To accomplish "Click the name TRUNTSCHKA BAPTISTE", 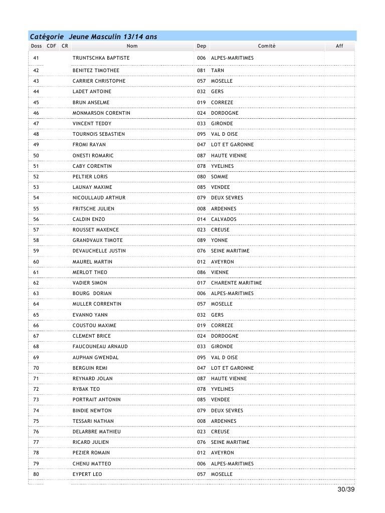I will point(101,58).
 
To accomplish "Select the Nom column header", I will point(132,46).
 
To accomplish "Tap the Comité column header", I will point(266,46).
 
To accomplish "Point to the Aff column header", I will point(339,46).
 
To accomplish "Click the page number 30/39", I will point(346,489).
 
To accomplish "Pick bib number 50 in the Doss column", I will point(36,156).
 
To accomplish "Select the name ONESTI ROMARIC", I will point(93,156).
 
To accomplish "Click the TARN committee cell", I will point(218,71).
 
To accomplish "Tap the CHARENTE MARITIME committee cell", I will point(236,283).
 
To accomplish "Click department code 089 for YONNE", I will point(202,240).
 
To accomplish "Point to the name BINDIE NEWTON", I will point(92,411).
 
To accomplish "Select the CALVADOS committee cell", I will point(224,219).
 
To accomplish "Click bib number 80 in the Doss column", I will point(36,474).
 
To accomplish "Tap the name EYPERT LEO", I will point(87,474).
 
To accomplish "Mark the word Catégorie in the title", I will point(47,37).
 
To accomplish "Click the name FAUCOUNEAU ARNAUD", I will point(100,347).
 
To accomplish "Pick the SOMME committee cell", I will point(220,177).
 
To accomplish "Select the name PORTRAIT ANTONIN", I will point(96,400).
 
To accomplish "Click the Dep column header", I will point(202,46).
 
